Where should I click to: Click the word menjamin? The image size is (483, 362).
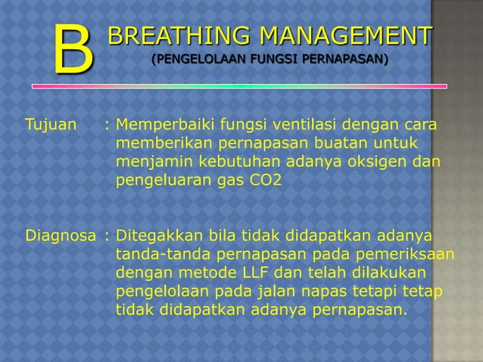(151, 162)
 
